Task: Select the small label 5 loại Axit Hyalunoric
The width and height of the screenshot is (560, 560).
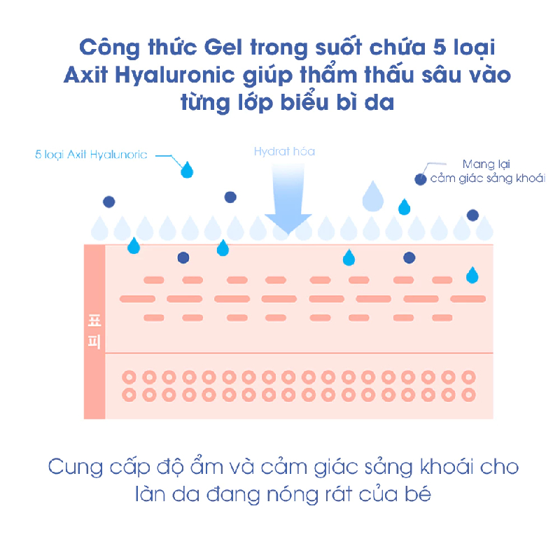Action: pyautogui.click(x=91, y=155)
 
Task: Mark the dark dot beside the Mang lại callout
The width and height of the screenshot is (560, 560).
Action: pyautogui.click(x=420, y=179)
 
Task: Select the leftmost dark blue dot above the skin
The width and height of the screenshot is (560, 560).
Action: pyautogui.click(x=108, y=202)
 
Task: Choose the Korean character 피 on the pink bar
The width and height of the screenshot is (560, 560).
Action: pyautogui.click(x=94, y=342)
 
